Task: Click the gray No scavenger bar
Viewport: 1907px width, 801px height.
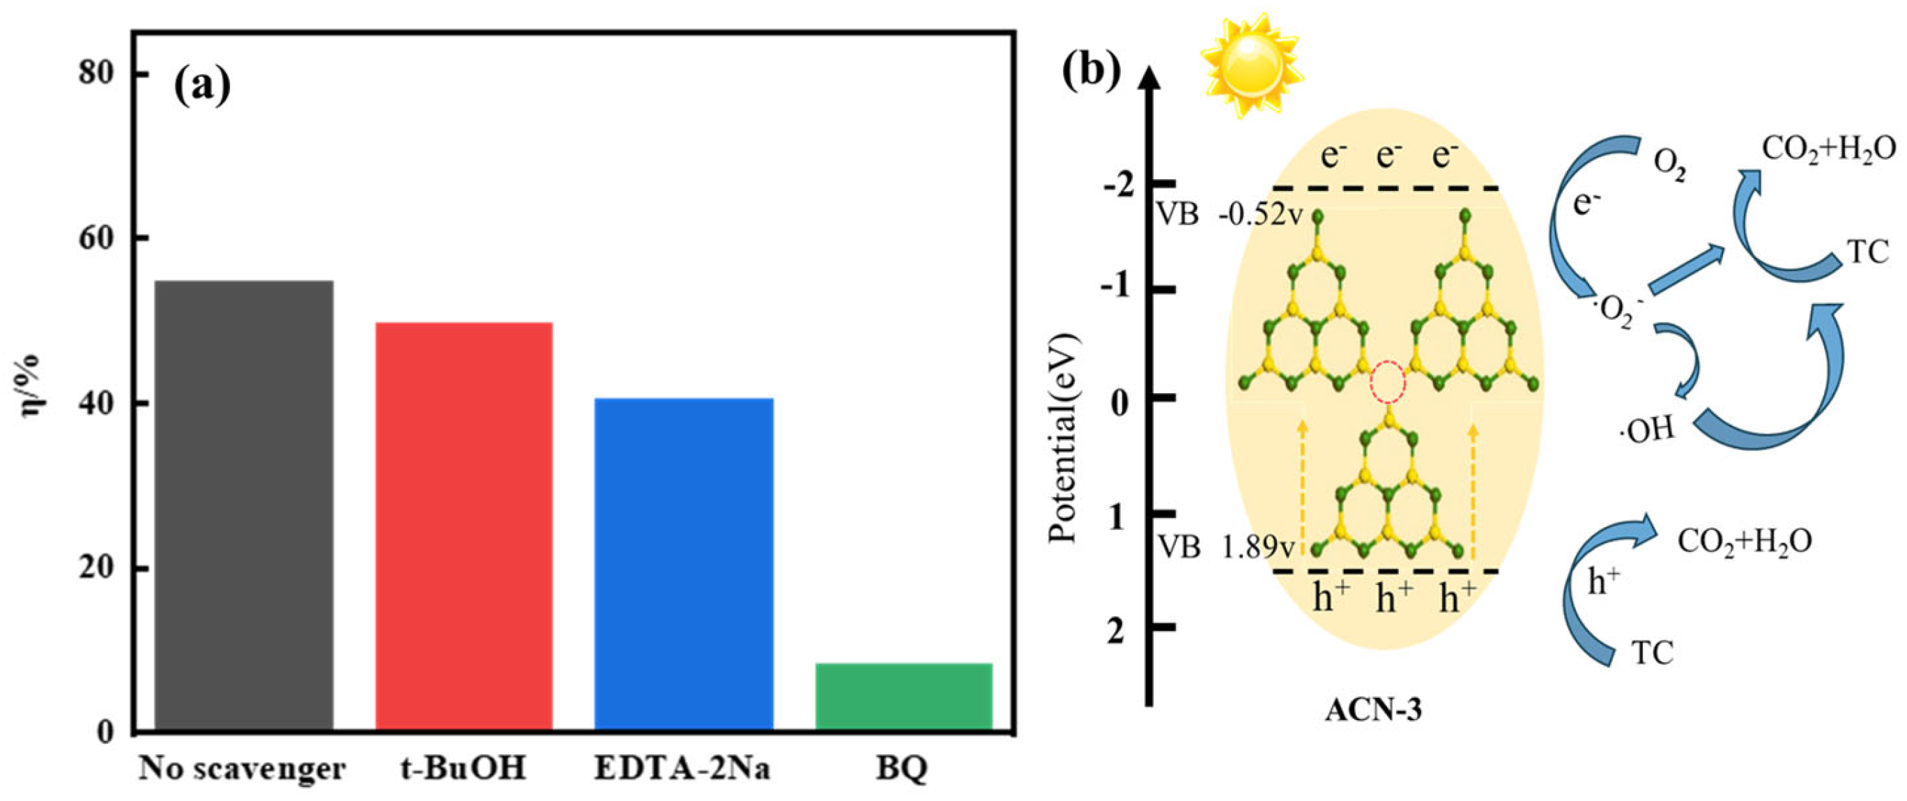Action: click(243, 506)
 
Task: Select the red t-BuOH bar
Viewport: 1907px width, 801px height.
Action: click(464, 527)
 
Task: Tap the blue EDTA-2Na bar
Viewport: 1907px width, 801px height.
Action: click(684, 565)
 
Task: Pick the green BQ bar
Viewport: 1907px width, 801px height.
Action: click(903, 696)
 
